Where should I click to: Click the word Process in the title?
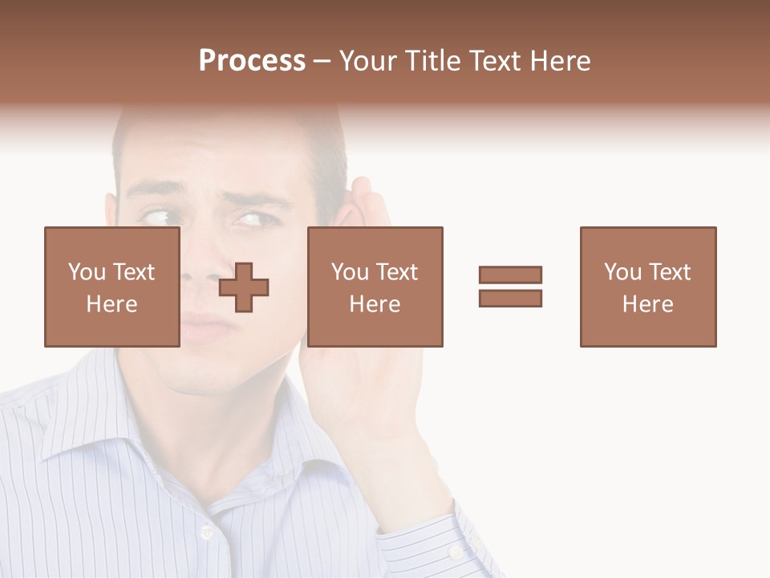coord(252,61)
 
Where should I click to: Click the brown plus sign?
coord(244,287)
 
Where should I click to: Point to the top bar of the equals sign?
coord(510,275)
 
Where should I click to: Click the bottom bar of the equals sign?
coord(510,298)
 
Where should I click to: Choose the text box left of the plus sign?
coord(111,287)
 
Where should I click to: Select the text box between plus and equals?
coord(375,287)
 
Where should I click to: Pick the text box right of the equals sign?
coord(647,287)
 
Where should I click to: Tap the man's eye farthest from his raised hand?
coord(157,216)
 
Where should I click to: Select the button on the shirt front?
coord(207,531)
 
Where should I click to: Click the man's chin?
coord(201,377)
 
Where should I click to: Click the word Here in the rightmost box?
coord(647,304)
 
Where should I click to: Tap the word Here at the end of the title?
coord(558,61)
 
